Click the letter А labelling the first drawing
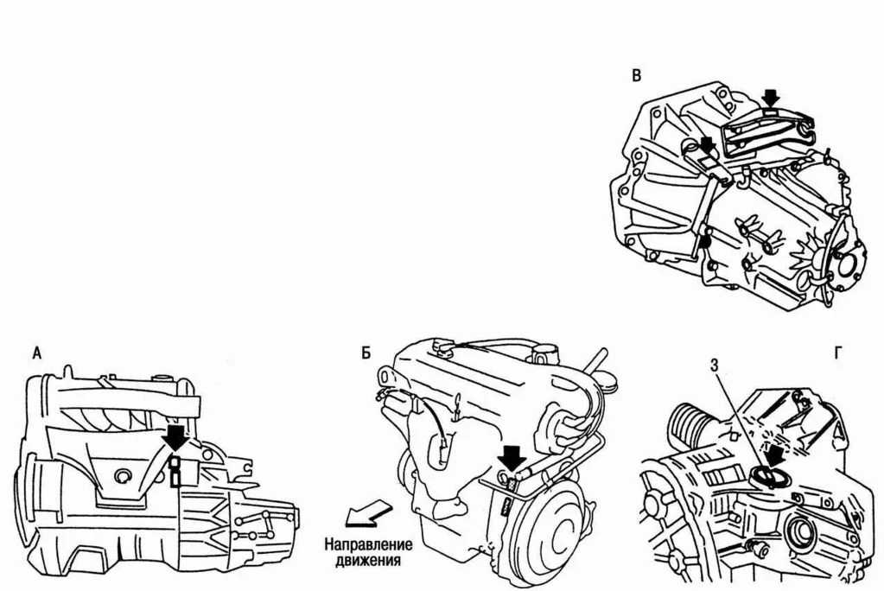36,353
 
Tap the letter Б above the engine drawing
366,353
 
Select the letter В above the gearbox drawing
637,75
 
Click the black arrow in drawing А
175,439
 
